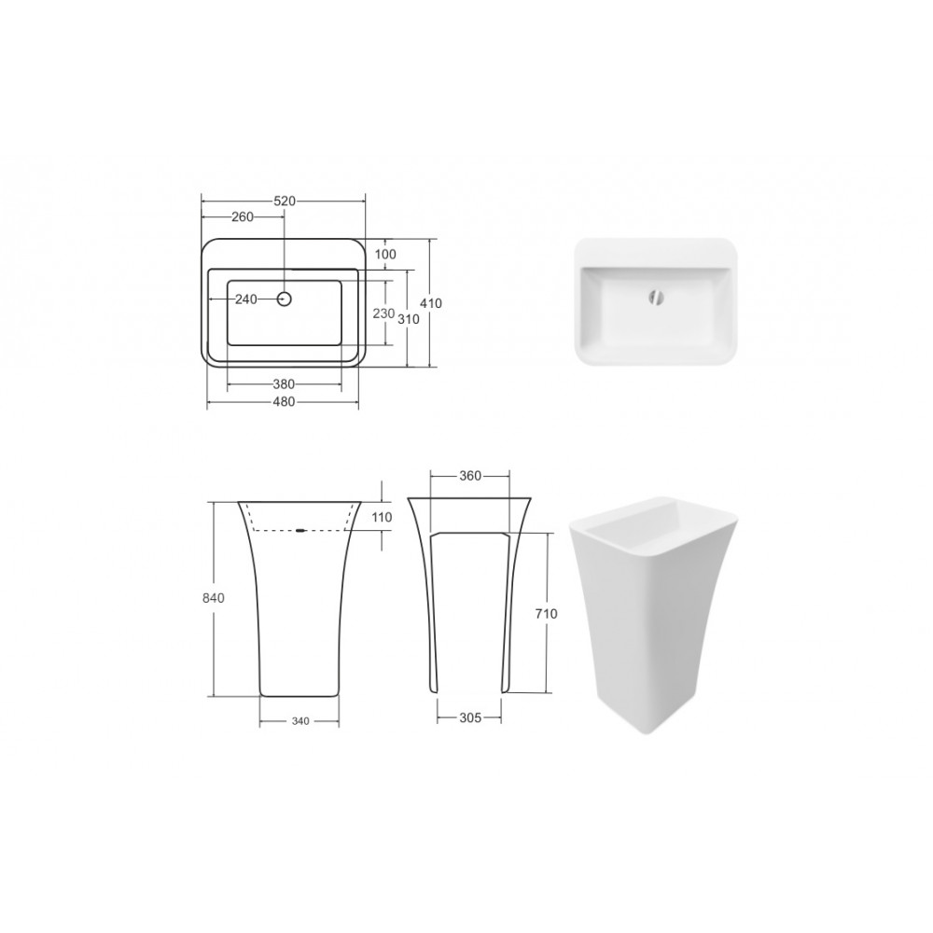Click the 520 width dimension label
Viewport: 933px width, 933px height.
coord(285,202)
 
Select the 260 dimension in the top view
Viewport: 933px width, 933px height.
coord(243,216)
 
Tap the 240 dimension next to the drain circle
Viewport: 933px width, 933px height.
coord(245,299)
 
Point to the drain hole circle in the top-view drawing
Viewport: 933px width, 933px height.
coord(285,299)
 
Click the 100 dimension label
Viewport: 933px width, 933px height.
coord(385,254)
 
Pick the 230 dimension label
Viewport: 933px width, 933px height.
coord(383,313)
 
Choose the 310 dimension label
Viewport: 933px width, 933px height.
coord(409,319)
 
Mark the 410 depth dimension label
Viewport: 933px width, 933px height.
coord(431,303)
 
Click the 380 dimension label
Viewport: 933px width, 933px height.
coord(284,384)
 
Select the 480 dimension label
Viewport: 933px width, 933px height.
coord(284,401)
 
